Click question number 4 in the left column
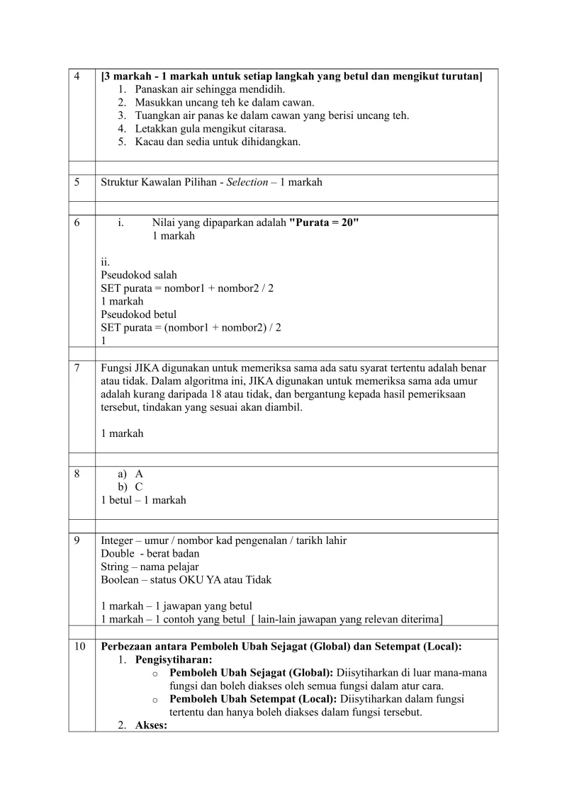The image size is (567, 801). (x=76, y=76)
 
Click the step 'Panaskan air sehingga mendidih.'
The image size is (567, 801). (x=210, y=89)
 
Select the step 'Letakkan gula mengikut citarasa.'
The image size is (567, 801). (x=210, y=128)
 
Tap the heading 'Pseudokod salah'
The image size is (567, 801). (x=139, y=275)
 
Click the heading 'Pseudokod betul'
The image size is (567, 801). (x=139, y=314)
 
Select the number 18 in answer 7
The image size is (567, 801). (x=264, y=394)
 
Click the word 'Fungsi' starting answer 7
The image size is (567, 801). (x=116, y=368)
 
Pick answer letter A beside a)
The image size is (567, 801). (x=139, y=474)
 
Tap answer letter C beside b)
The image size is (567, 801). (x=139, y=487)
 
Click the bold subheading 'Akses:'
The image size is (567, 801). (x=151, y=725)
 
